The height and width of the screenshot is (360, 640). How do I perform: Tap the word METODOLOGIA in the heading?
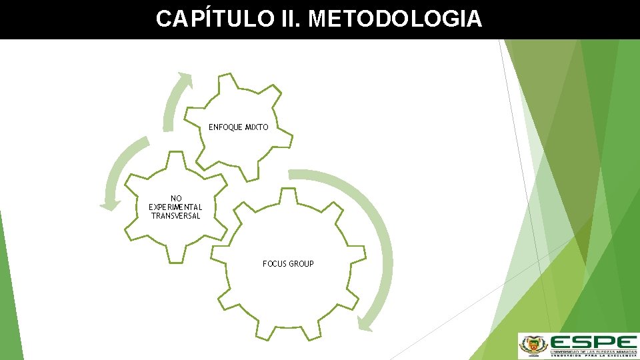click(395, 19)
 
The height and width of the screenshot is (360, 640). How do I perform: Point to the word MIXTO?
click(257, 127)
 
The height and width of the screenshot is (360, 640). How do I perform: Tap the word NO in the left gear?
click(176, 199)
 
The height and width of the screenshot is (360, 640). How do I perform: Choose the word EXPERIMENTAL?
click(175, 207)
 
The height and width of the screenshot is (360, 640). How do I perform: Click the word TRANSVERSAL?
click(175, 216)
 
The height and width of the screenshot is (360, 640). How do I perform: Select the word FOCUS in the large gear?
click(274, 264)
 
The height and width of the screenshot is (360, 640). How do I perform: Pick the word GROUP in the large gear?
click(301, 264)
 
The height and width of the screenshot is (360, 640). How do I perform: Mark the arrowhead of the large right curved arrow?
click(365, 323)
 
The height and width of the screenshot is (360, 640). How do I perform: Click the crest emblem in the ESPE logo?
click(532, 345)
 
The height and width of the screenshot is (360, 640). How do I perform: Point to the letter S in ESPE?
click(585, 341)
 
